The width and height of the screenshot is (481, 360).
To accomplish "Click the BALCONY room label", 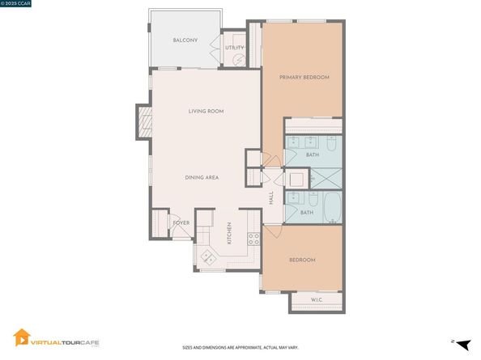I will click(x=185, y=40).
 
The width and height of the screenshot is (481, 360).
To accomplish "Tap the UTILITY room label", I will click(x=234, y=48).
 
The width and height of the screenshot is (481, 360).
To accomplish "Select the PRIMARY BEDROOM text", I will click(x=304, y=78).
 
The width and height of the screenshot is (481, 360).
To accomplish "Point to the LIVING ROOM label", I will click(x=206, y=112).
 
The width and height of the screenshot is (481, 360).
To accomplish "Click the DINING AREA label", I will click(x=202, y=177).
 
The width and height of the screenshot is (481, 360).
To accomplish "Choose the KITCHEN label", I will click(x=229, y=234).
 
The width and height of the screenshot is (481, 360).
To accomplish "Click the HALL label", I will click(x=271, y=197).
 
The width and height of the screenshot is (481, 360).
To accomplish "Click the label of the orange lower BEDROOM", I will click(x=302, y=260).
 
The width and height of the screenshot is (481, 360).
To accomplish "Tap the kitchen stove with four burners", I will click(x=253, y=239).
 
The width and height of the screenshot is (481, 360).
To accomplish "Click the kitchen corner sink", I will click(x=208, y=256).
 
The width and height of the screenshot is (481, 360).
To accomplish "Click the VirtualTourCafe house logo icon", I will click(x=22, y=337).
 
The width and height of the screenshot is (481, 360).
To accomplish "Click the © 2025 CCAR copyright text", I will click(x=18, y=4).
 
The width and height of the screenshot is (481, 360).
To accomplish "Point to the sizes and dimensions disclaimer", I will click(x=240, y=348).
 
